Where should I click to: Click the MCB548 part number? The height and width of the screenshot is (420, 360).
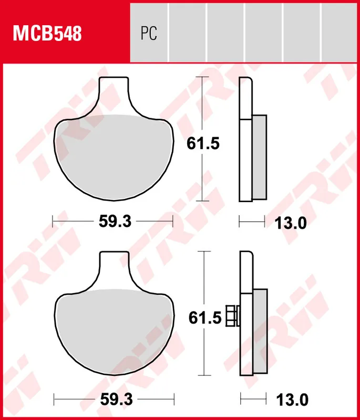47,34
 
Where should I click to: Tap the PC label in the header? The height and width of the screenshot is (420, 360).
149,34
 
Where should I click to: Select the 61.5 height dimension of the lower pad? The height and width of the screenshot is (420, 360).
203,318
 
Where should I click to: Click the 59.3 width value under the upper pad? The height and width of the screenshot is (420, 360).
115,222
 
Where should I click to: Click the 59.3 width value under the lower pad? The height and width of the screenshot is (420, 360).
115,400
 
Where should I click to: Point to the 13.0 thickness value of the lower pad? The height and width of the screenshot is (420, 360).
290,400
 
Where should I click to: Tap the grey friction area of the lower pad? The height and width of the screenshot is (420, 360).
115,331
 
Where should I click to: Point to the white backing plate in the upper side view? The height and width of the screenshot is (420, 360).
245,157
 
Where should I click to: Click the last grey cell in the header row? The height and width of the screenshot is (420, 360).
340,31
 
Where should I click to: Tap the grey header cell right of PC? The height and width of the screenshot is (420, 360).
187,31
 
